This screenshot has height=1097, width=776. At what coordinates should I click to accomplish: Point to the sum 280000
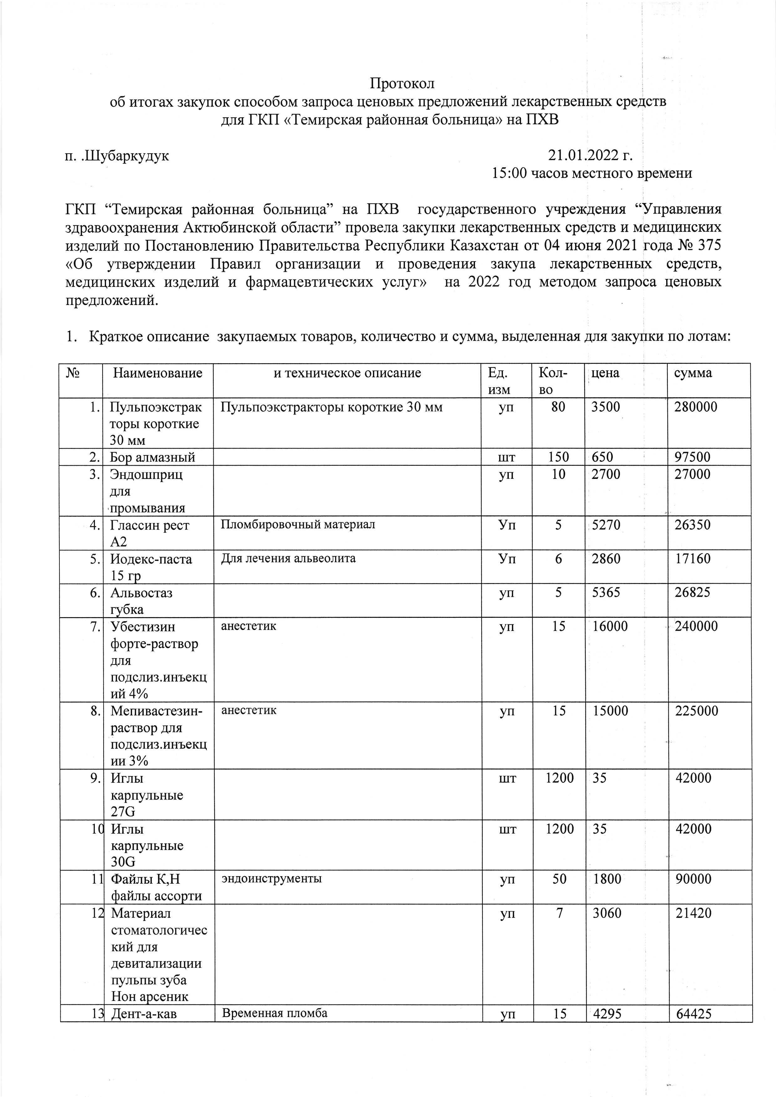[x=696, y=407]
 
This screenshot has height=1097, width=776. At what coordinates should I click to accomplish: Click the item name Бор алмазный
[x=152, y=457]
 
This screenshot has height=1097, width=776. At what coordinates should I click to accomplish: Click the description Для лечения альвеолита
[x=288, y=558]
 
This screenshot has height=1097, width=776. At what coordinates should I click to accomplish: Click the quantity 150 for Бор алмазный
[x=558, y=457]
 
